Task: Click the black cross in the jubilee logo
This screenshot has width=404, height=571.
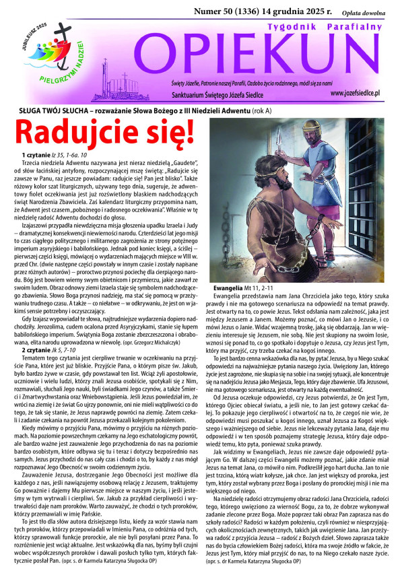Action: tap(48, 43)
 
